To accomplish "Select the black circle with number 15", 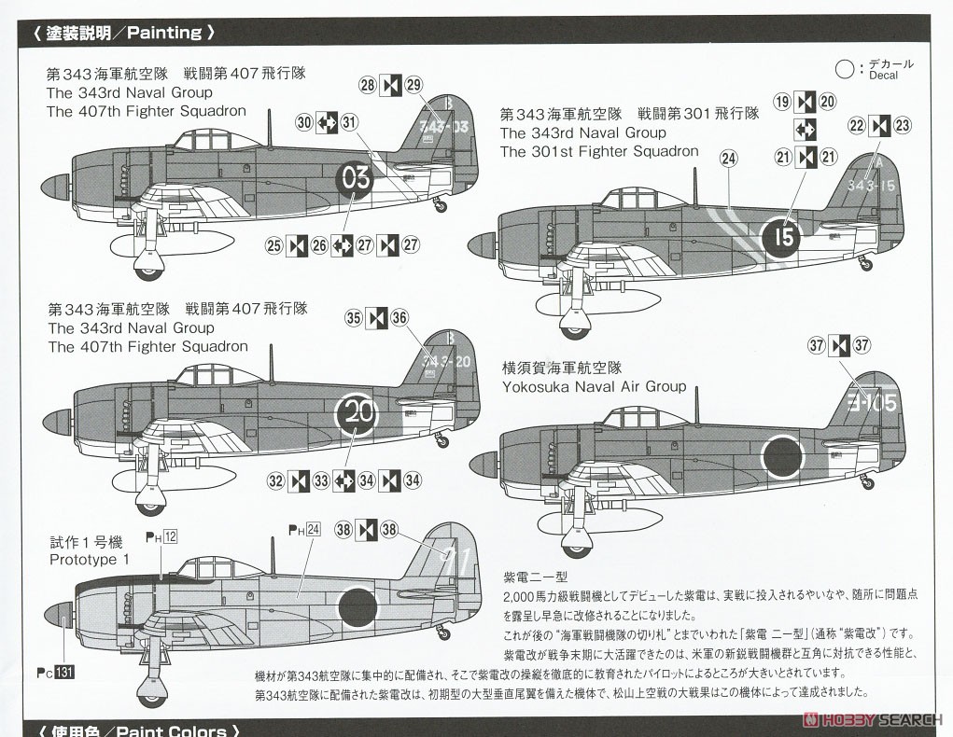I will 784,236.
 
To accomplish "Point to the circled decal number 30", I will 304,122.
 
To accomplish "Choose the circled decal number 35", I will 354,317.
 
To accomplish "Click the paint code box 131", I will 64,673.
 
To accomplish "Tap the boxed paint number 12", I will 170,536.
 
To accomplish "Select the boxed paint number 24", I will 313,530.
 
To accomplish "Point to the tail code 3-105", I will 872,404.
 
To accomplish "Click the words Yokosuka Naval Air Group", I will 594,386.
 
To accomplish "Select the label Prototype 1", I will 90,559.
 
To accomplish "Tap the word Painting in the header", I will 163,33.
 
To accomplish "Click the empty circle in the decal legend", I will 844,69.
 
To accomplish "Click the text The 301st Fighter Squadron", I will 598,151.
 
